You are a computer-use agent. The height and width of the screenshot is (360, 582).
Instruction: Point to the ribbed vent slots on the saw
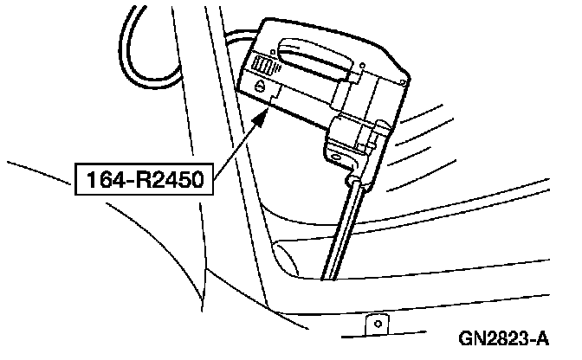pos(263,65)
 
